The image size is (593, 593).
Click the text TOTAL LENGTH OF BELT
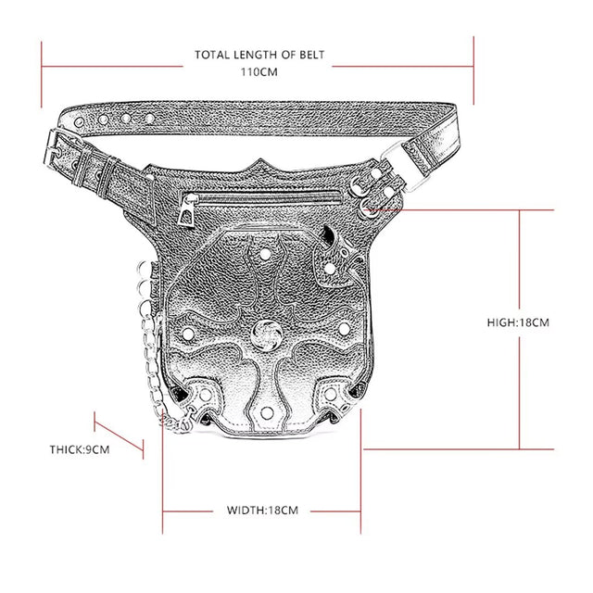259,55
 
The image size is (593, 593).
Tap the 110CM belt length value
259,72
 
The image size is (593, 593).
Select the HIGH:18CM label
518,322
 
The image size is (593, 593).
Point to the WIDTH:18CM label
262,510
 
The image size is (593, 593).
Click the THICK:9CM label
80,449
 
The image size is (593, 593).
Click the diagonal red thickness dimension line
119,435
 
